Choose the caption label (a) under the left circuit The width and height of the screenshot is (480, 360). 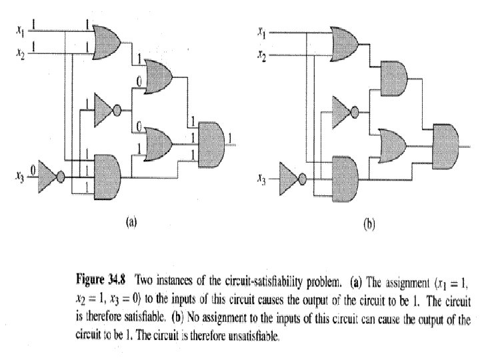pyautogui.click(x=131, y=223)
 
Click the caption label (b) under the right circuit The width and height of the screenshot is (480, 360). pyautogui.click(x=369, y=225)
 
